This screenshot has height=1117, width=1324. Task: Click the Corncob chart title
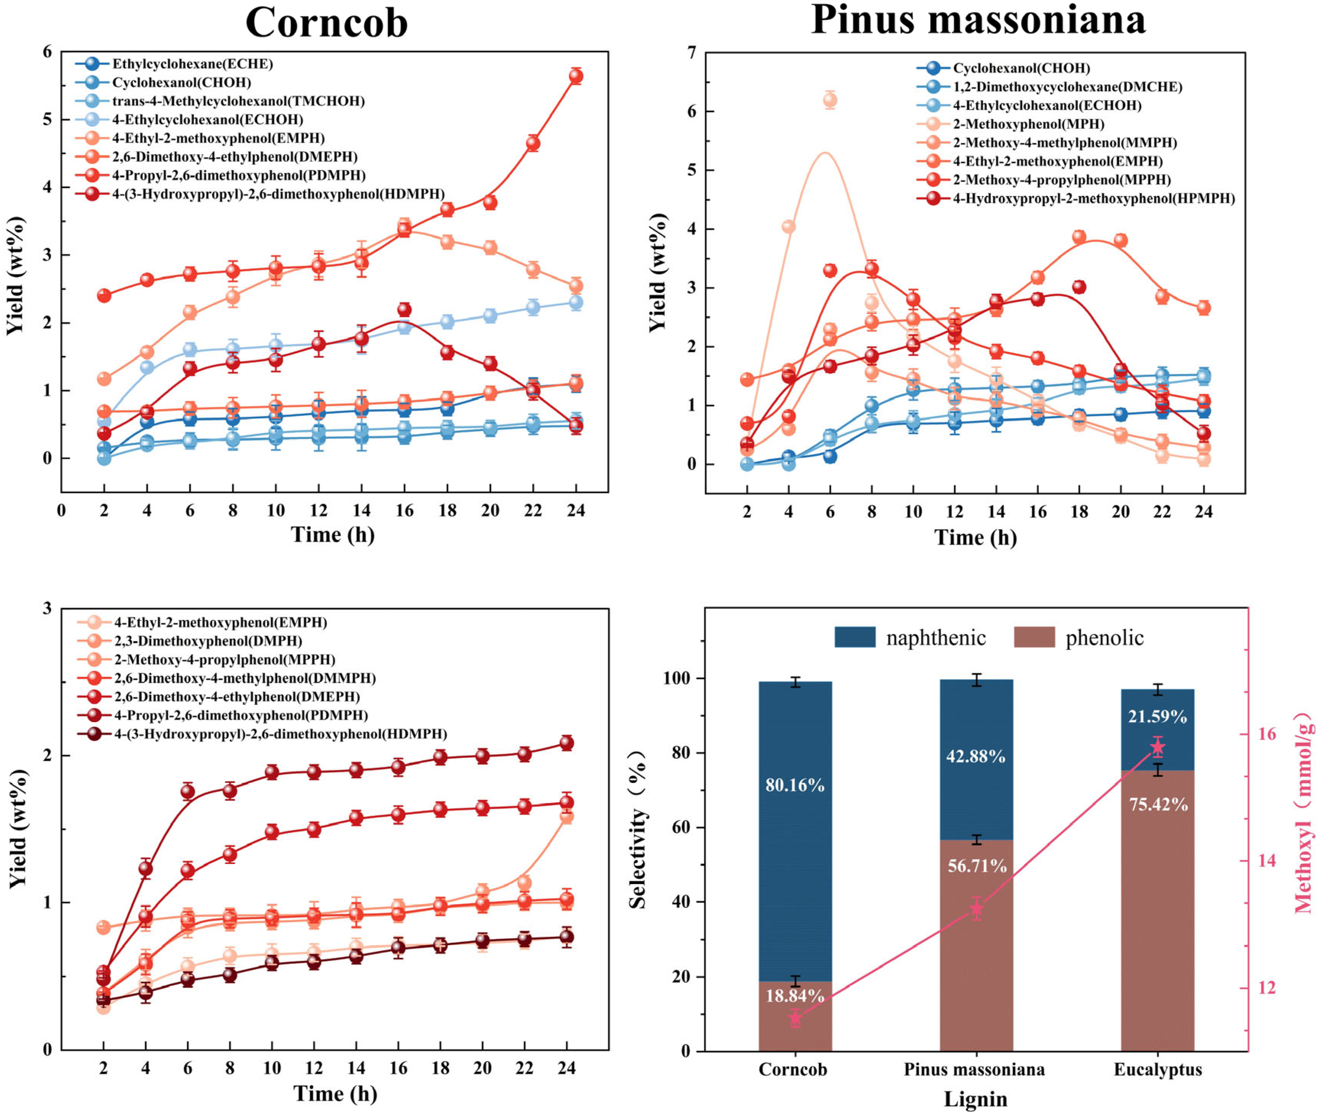(326, 23)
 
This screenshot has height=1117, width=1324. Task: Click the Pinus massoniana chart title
(978, 19)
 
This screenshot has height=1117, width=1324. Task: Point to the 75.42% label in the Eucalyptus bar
(1158, 805)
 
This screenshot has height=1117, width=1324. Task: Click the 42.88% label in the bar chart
(976, 757)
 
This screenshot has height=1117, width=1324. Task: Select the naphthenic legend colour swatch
(855, 637)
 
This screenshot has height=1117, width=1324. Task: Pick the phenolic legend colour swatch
(1034, 637)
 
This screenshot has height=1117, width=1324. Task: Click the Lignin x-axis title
(975, 1099)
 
